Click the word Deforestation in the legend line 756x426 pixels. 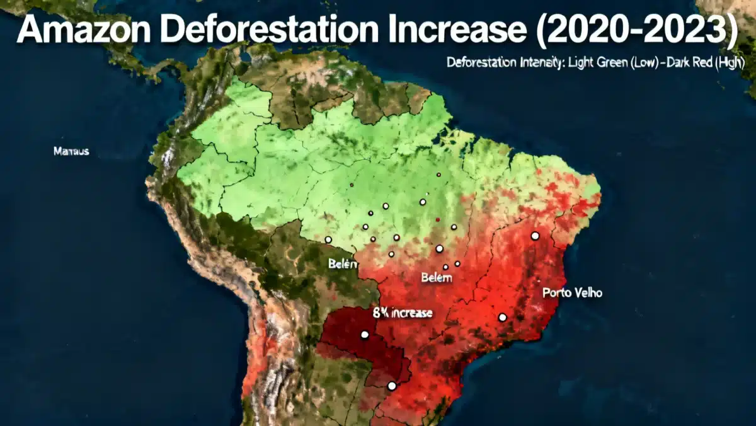[481, 63]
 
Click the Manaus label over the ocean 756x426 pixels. [71, 151]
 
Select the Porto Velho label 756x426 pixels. [572, 293]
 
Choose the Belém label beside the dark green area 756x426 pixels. [343, 264]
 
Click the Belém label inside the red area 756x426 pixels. [437, 277]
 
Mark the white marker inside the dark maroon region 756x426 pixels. [364, 335]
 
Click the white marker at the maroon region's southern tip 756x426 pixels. [391, 386]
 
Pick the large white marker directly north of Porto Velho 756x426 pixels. [535, 236]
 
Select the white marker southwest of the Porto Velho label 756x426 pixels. [502, 318]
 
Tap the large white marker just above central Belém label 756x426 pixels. [439, 249]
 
